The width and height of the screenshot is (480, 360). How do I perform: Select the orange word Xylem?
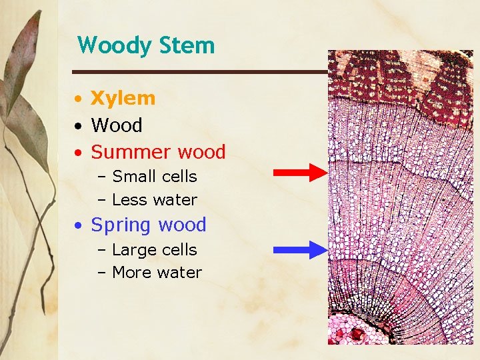tap(123, 99)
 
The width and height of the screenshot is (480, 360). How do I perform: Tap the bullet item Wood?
tap(117, 125)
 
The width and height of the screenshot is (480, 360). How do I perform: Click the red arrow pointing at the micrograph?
tap(300, 173)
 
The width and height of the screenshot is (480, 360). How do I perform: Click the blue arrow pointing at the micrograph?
tap(300, 250)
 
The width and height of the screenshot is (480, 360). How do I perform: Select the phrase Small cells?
tap(155, 177)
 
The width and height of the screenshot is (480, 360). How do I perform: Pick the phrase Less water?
tap(155, 200)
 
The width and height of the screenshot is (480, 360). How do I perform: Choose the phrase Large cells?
tap(155, 250)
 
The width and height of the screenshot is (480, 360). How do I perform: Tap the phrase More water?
tap(157, 273)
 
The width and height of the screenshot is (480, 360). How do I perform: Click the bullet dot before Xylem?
tap(79, 99)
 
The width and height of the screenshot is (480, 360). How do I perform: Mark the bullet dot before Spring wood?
tap(79, 226)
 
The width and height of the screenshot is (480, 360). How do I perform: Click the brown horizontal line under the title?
tap(200, 71)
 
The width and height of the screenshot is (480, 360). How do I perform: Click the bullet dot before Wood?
tap(79, 126)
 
